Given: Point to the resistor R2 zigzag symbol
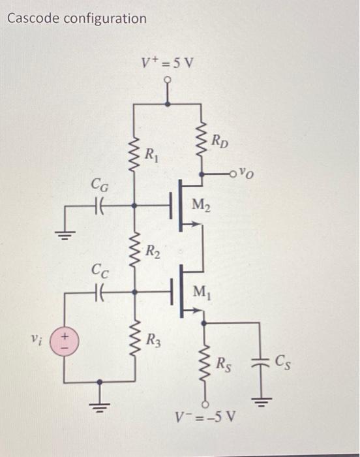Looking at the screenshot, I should tap(135, 248).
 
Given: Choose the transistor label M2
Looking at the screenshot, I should tap(200, 208).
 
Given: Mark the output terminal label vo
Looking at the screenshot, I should tap(247, 174).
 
